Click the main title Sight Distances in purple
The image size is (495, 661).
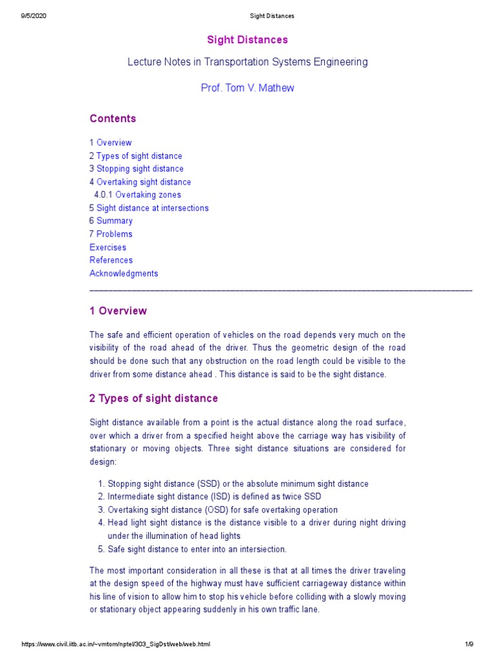click(247, 40)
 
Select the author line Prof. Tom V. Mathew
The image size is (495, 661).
click(247, 88)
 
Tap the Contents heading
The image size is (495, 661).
click(113, 119)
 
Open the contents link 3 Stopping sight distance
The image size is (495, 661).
click(136, 169)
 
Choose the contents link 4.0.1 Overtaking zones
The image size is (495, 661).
click(137, 195)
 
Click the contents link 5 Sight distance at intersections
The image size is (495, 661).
click(149, 208)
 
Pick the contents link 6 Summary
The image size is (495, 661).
click(111, 221)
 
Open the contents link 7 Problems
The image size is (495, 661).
click(111, 234)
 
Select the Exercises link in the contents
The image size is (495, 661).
click(108, 247)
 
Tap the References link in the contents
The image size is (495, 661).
click(111, 260)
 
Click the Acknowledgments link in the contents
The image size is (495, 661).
click(124, 274)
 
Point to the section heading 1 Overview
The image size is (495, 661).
click(118, 311)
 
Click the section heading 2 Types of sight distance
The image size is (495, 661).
click(153, 398)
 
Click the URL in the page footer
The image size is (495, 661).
click(115, 645)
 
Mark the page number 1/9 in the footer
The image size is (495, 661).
click(469, 645)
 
